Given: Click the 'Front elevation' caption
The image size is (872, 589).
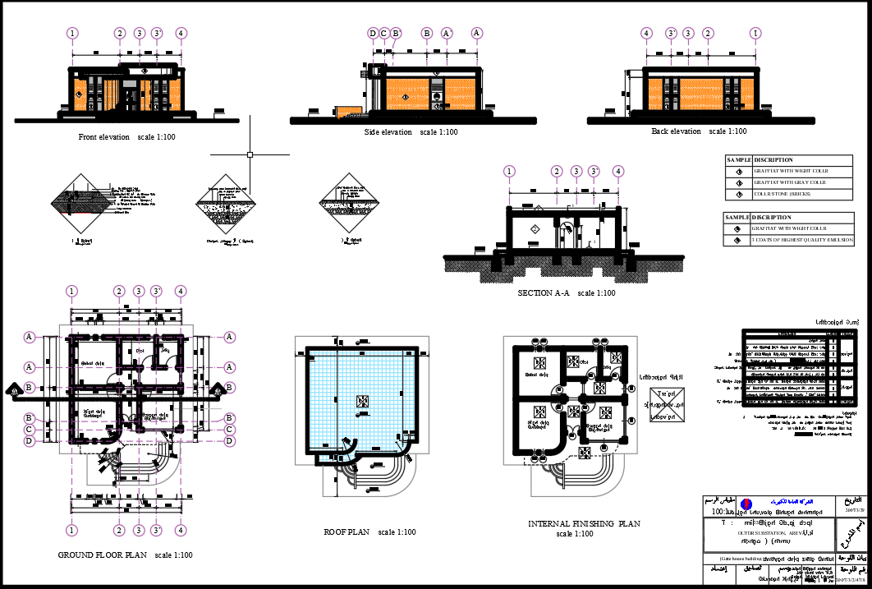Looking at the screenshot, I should point(103,137).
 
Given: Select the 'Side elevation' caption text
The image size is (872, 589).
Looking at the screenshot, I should point(388,132).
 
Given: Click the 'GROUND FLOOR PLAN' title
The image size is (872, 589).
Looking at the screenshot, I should point(102,555).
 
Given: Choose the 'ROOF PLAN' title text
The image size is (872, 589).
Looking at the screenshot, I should point(348,532).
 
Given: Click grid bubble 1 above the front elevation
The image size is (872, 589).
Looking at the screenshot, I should point(73,34).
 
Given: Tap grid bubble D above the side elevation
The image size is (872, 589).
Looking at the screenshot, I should point(373,34).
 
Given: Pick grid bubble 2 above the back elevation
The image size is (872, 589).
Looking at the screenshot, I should point(708,34).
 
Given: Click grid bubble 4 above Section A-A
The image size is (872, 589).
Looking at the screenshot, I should point(618,171).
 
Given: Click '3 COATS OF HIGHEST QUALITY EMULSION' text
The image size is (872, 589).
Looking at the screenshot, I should point(801,240).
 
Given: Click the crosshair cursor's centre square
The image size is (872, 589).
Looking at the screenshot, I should point(250,154).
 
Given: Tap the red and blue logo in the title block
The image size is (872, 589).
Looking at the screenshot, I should point(746,503).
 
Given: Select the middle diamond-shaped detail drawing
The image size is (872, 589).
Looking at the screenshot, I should point(223,205).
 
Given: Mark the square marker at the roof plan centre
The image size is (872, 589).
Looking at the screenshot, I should point(361,400).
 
